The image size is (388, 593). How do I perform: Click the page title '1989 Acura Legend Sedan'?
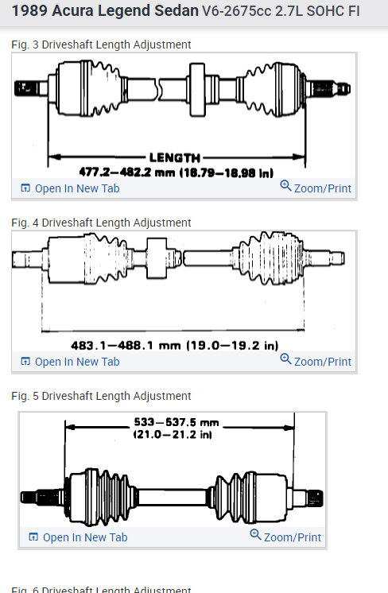(105, 10)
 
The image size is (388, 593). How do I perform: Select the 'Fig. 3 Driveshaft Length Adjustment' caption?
(101, 45)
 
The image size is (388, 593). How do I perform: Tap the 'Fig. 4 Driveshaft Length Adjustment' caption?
(101, 223)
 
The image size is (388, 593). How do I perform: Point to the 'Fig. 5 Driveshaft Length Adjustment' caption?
(101, 396)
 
